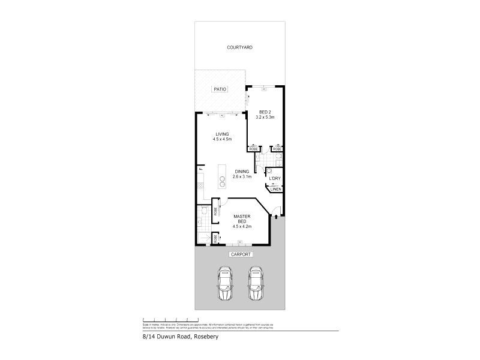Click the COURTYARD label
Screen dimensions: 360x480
(238, 47)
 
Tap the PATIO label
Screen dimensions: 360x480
(220, 89)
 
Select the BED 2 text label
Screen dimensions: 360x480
(265, 112)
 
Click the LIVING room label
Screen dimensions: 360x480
(221, 134)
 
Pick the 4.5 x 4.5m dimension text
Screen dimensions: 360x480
(221, 139)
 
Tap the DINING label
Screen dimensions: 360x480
(242, 172)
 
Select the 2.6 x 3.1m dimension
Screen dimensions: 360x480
(242, 177)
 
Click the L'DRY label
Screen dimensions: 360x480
(275, 178)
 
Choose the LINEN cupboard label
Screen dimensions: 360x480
(275, 190)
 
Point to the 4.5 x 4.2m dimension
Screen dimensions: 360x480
(241, 226)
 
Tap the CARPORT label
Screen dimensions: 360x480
(239, 254)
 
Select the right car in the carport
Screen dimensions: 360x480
(256, 284)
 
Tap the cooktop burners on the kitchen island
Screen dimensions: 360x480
(221, 181)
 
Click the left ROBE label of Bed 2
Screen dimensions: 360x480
(254, 148)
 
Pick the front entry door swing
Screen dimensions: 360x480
(272, 210)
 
